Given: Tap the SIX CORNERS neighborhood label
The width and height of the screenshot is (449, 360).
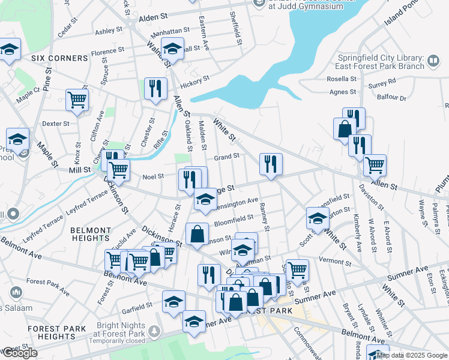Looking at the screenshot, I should (60, 58).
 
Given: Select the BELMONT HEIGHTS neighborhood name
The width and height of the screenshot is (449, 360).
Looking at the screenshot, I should (91, 235).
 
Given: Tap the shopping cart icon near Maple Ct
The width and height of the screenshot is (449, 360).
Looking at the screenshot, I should (77, 100).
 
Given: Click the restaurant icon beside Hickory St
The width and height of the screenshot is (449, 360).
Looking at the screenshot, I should (156, 88).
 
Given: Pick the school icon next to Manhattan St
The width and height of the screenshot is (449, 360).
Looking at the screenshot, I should (172, 48).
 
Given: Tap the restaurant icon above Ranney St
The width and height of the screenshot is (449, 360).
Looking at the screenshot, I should (271, 163).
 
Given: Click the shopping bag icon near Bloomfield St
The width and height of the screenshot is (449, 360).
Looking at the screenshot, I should (197, 234).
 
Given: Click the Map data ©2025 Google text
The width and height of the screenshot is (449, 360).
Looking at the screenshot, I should (412, 355).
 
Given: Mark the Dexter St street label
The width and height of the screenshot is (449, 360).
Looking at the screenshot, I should (55, 124).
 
